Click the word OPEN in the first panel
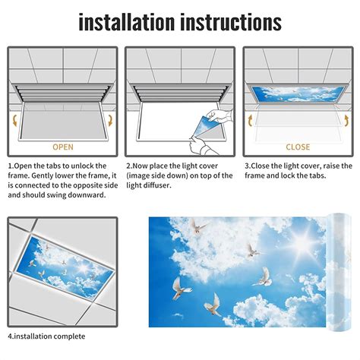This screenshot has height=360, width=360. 63,147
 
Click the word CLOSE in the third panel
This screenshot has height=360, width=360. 298,147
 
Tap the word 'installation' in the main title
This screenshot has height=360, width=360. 127,22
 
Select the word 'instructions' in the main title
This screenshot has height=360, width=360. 231,22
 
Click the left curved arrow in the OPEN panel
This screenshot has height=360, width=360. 15,121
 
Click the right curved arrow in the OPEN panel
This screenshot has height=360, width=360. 110,121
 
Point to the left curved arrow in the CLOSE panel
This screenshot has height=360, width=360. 250,121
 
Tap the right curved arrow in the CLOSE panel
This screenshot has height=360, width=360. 346,121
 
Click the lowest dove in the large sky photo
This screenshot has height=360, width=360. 213,305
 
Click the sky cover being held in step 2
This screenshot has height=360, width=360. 204,126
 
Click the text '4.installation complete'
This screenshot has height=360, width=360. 46,336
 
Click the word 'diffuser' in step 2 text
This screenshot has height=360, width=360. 157,185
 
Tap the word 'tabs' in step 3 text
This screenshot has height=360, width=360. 317,175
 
